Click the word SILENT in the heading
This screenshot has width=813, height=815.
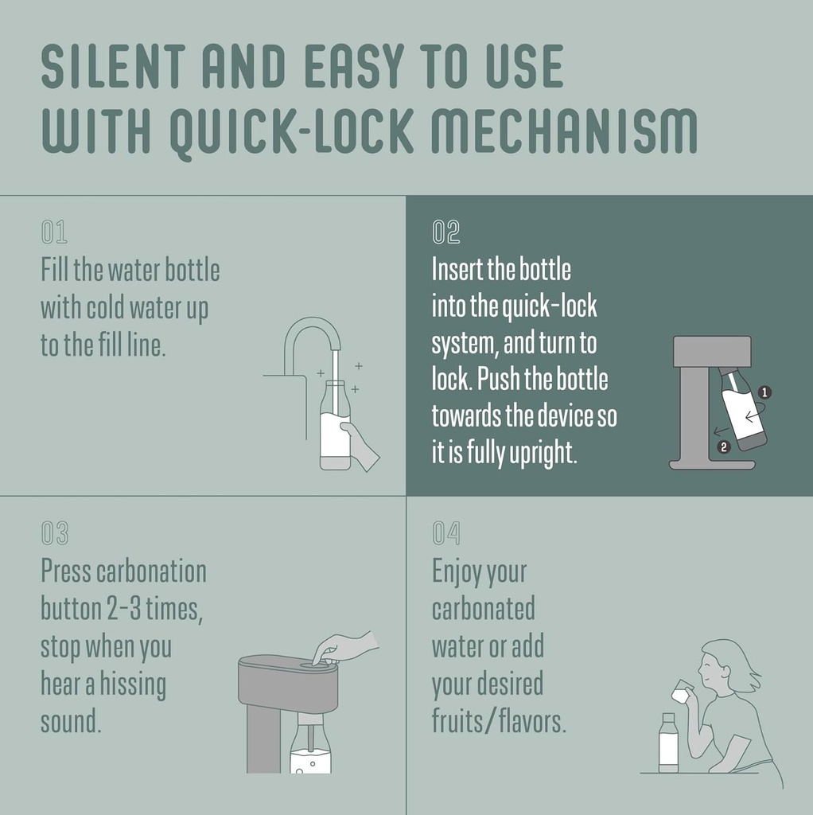click(x=113, y=66)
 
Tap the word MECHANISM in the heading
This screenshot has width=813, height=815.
click(x=564, y=131)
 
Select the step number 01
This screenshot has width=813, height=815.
click(x=54, y=232)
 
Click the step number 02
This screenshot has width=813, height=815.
click(x=445, y=232)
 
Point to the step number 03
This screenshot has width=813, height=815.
click(x=55, y=533)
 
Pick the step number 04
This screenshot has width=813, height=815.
click(x=445, y=533)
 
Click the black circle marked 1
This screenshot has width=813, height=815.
click(x=764, y=392)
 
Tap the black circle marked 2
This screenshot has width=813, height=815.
click(x=724, y=446)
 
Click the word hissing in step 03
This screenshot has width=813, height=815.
click(x=133, y=685)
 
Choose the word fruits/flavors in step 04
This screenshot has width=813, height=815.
click(x=499, y=722)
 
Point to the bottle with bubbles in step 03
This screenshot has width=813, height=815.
click(x=310, y=743)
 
